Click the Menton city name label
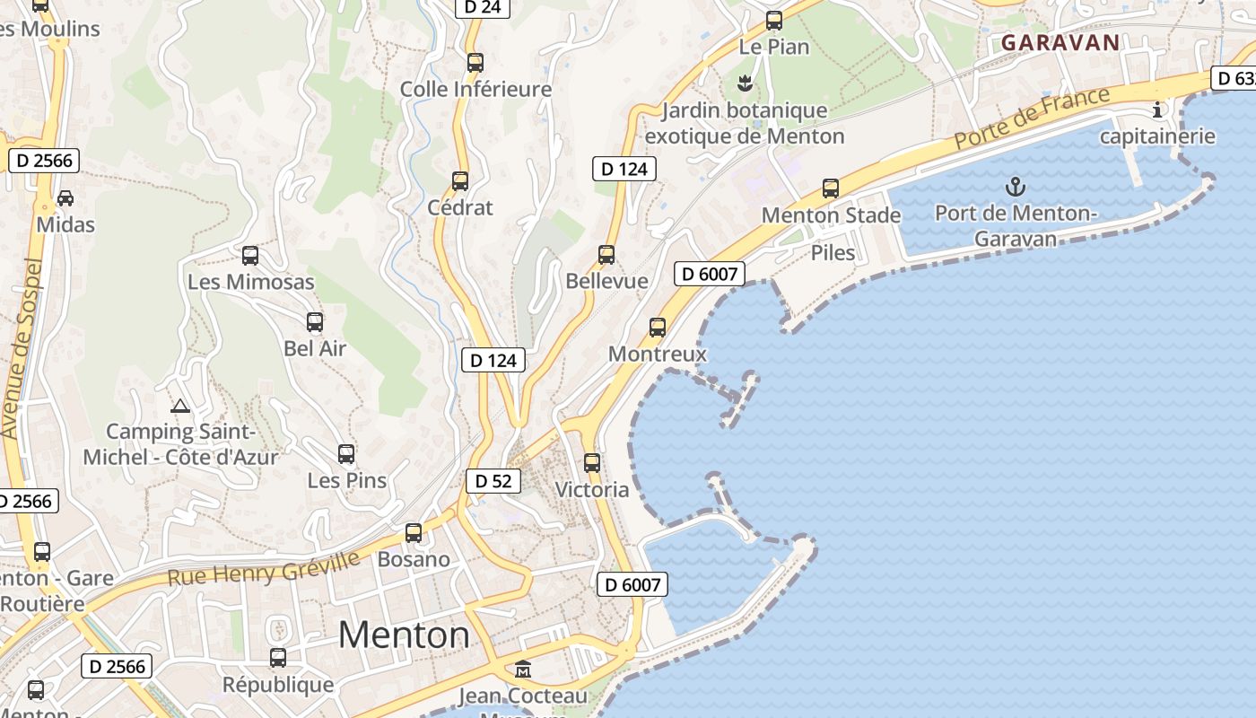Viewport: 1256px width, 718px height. [404, 635]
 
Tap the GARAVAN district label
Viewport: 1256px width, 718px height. [1060, 42]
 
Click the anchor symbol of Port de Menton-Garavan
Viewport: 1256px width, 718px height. [1015, 187]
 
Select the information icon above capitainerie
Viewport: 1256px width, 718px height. [1157, 110]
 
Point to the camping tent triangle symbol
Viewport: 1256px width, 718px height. [180, 406]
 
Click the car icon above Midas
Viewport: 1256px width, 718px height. [65, 197]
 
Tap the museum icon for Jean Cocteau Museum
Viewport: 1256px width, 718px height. [522, 669]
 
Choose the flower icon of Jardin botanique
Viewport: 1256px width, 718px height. [744, 84]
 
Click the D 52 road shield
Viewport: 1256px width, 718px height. [493, 481]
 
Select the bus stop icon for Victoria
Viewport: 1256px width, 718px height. [592, 463]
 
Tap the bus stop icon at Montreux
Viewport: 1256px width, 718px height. [658, 328]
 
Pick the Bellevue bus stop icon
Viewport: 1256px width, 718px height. [606, 255]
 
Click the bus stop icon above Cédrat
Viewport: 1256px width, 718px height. [460, 181]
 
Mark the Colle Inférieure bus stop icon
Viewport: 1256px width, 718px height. [475, 63]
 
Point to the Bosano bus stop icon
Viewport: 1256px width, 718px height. [414, 533]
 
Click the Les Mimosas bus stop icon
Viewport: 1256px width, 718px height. [250, 256]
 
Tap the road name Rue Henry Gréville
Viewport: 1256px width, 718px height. [264, 567]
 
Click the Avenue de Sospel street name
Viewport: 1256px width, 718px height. [22, 350]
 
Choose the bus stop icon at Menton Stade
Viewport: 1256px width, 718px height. [831, 188]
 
